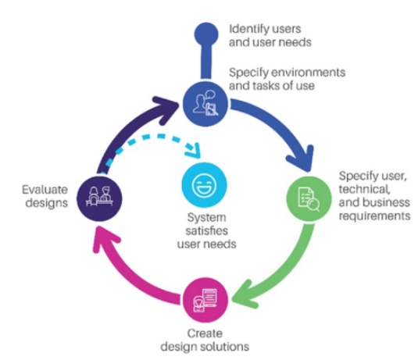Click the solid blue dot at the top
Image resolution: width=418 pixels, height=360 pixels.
(206, 34)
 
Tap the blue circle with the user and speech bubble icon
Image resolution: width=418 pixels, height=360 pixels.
(205, 104)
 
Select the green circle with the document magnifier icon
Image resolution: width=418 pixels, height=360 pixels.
(309, 199)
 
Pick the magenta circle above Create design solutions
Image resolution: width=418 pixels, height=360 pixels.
(205, 300)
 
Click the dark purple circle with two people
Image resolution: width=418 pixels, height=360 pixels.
(99, 198)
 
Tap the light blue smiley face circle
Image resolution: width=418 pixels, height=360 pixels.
(204, 185)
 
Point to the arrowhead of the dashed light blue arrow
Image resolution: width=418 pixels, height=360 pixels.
(194, 151)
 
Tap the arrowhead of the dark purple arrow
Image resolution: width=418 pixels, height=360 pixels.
(166, 109)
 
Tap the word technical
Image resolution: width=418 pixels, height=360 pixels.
(364, 189)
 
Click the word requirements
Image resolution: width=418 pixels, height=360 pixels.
(374, 216)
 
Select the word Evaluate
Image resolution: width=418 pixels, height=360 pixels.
(45, 190)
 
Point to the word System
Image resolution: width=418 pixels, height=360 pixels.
(207, 218)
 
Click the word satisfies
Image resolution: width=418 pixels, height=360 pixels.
(207, 230)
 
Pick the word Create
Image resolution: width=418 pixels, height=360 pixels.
(205, 333)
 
